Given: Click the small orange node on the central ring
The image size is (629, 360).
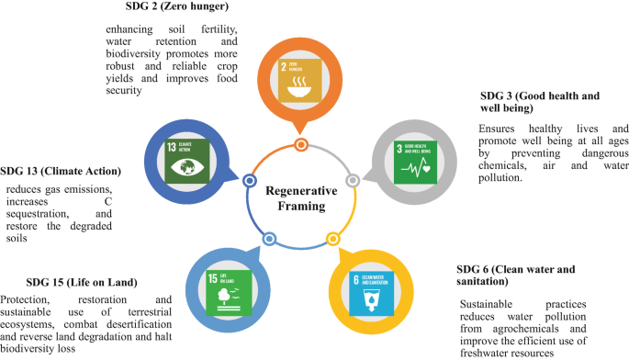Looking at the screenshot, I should (300, 144).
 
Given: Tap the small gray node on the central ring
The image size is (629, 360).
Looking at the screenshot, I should (352, 179).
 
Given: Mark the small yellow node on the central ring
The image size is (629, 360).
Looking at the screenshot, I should (331, 238).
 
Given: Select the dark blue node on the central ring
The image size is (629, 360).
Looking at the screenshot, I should (249, 181).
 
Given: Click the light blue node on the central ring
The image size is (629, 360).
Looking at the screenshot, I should (269, 238).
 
